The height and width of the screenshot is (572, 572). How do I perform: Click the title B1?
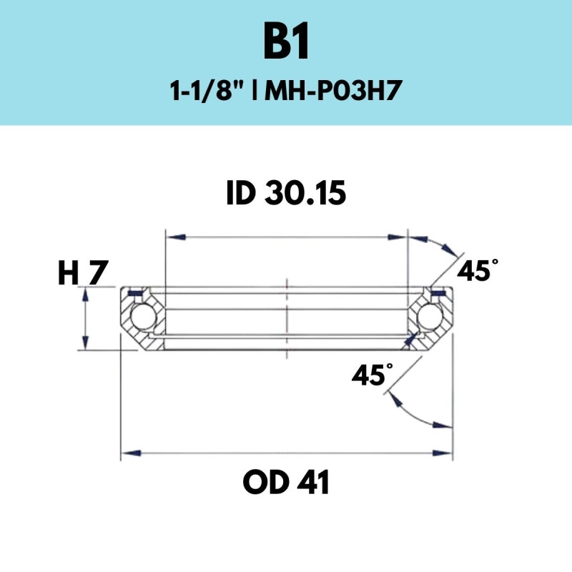coord(286,44)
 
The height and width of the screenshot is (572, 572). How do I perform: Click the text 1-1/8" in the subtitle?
coord(207,92)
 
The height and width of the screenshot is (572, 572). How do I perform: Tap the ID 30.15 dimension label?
coord(286,193)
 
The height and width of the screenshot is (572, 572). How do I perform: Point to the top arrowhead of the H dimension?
coord(86,294)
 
